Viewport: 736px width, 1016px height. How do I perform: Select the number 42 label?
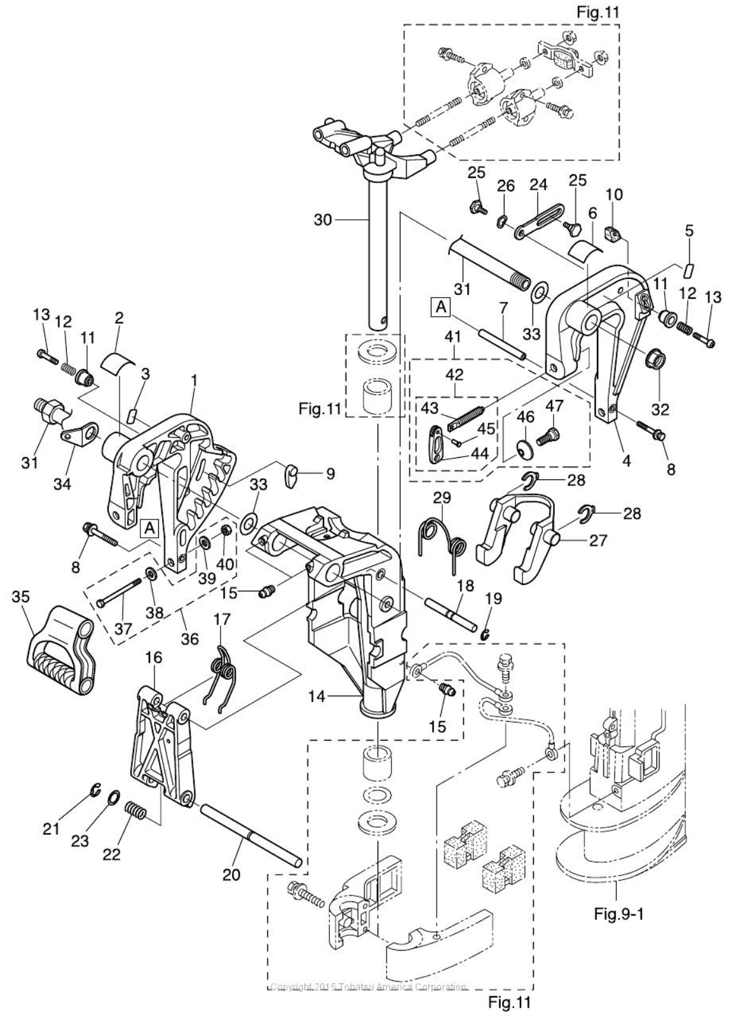pos(454,374)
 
